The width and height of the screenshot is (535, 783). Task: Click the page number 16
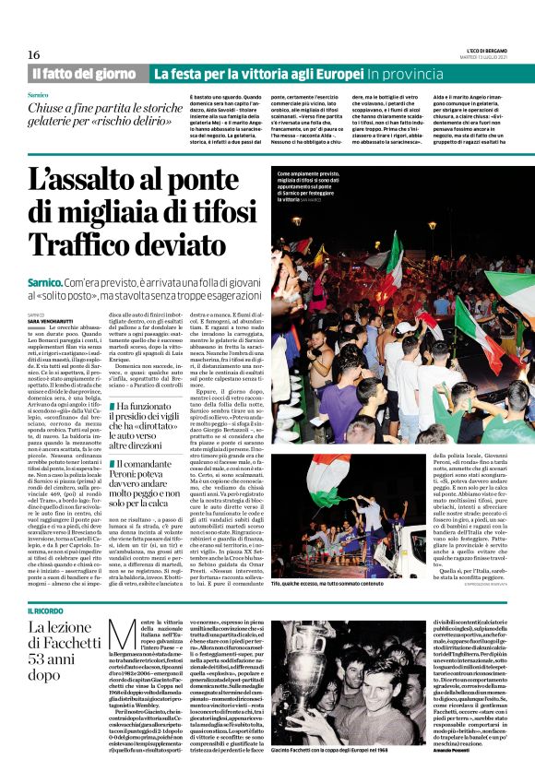33,55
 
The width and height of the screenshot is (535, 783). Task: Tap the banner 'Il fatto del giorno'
84,73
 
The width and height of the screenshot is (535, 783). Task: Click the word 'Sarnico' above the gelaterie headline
38,95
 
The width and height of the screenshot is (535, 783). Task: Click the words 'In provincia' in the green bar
406,73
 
